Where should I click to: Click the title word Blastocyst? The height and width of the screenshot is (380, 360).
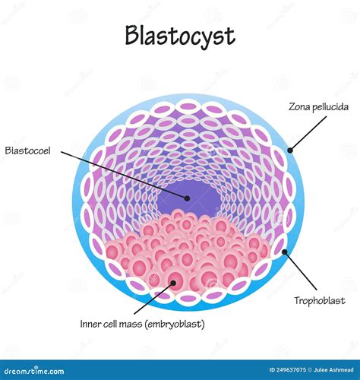[180, 36]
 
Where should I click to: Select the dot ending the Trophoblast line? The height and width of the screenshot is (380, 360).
[284, 252]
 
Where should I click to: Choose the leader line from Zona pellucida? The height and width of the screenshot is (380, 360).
[307, 128]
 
